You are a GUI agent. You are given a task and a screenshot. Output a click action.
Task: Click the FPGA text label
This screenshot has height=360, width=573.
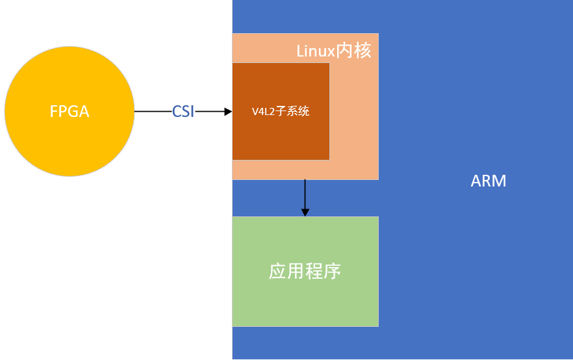pos(70,112)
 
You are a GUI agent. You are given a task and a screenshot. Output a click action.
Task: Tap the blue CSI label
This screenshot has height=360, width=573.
pos(183,112)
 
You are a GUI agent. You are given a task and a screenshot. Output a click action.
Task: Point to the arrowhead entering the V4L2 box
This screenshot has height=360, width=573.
pos(228,112)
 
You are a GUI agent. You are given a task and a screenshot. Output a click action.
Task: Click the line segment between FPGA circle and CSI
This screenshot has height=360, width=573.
pos(153,112)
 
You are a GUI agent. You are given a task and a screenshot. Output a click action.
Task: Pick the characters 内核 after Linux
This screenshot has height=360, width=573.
pos(354,51)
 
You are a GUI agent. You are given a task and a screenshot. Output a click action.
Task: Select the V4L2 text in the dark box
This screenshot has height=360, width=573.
pos(264,112)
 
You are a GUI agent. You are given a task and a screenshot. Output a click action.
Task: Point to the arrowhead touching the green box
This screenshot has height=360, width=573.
pos(305,212)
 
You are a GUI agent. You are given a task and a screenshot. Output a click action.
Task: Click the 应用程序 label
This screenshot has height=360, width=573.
pos(305,271)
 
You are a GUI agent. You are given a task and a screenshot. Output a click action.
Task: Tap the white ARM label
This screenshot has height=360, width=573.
pos(489,181)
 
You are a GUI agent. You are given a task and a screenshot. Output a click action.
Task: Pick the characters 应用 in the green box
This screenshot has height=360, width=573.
pos(286,271)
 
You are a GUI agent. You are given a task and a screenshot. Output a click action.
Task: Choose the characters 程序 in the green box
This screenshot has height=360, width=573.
pos(324,271)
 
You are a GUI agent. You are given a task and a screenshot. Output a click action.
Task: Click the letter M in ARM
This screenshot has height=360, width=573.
pos(498,181)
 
